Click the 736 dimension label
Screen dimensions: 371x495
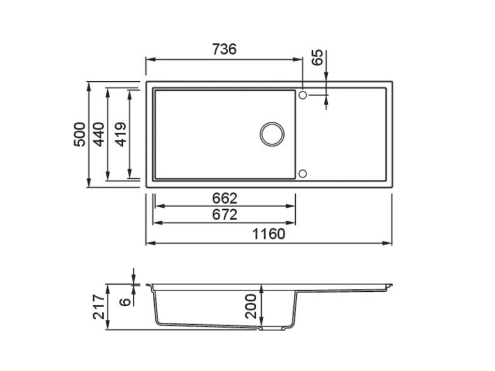tap(224, 49)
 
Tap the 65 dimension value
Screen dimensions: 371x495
tap(317, 58)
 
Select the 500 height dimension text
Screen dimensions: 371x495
tap(80, 134)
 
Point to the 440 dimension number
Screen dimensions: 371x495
tap(99, 134)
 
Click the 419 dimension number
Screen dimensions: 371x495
tap(121, 134)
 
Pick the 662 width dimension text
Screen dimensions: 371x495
tap(225, 199)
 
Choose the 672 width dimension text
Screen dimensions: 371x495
tap(225, 215)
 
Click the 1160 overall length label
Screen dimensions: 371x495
tap(269, 234)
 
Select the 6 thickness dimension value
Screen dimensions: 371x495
tap(125, 301)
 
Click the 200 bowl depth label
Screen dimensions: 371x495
tap(251, 306)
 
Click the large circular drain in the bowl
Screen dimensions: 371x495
tap(272, 134)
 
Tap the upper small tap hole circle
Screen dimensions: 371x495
tap(303, 95)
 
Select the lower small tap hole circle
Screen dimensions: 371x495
tap(303, 173)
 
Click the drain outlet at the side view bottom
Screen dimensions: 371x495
tap(271, 328)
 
